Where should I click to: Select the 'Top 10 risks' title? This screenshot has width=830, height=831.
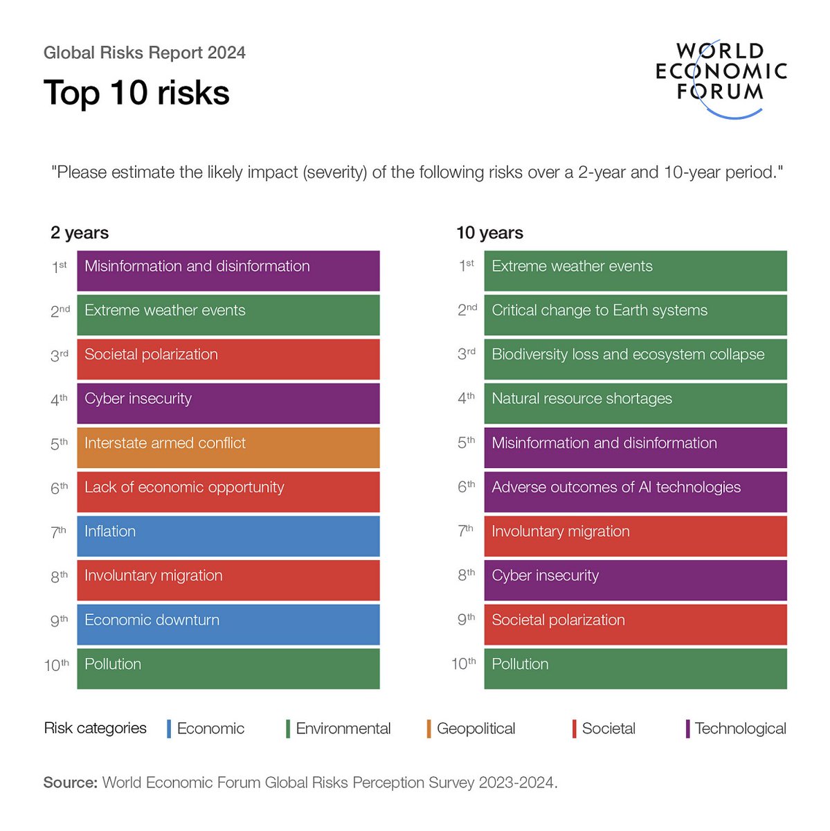[136, 93]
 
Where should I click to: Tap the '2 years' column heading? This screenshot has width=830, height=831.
[79, 233]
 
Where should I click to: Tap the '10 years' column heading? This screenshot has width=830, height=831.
[489, 233]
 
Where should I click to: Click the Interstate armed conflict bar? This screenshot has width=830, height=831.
[228, 447]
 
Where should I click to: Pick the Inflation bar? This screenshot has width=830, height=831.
[228, 536]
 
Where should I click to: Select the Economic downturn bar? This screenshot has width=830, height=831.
[228, 624]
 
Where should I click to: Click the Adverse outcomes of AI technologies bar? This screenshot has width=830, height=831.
[635, 492]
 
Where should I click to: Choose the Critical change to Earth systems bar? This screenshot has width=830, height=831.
[635, 314]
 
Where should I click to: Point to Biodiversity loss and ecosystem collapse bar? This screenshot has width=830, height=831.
[635, 359]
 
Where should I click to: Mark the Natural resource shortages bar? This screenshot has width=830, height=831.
[635, 403]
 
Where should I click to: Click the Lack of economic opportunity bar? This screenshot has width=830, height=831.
[228, 492]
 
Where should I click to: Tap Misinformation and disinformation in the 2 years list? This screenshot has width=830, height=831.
[228, 270]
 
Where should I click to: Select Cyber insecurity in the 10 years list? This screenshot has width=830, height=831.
[635, 580]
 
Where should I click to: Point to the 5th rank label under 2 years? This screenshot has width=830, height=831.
[59, 444]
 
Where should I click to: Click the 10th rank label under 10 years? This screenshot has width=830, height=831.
[463, 664]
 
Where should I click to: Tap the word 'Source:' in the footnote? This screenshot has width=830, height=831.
[70, 783]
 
